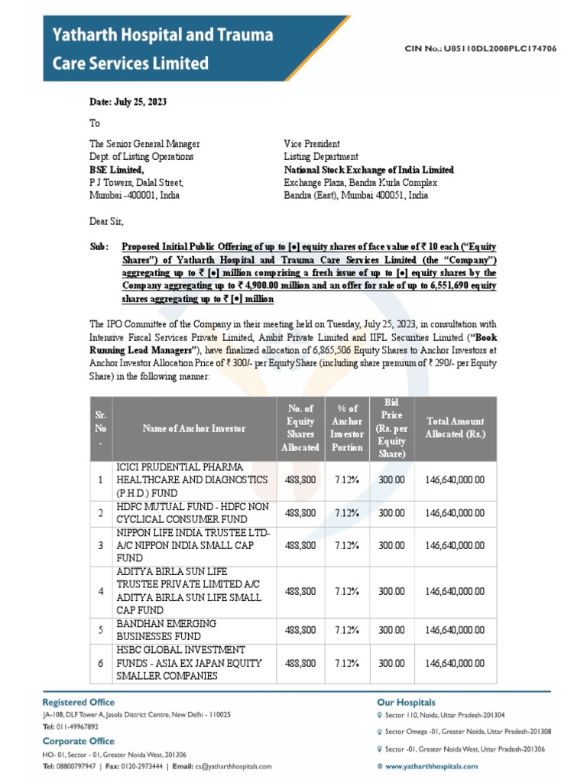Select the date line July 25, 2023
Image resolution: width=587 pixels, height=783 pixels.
(x=128, y=102)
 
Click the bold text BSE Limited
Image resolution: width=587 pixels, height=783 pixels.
(x=117, y=170)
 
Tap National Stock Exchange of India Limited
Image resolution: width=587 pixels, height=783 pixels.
(x=368, y=170)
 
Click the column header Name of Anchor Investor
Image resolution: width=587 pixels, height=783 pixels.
(x=194, y=428)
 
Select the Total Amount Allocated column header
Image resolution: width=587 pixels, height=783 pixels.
(x=455, y=428)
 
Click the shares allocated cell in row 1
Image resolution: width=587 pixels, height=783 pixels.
(x=300, y=479)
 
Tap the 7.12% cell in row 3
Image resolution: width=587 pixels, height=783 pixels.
(x=348, y=545)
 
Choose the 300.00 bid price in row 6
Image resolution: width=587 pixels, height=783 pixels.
(x=392, y=663)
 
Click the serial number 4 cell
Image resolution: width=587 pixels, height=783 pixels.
(x=100, y=591)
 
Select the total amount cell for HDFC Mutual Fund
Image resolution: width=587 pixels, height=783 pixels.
(x=455, y=512)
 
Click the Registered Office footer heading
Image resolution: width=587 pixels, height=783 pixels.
(x=79, y=702)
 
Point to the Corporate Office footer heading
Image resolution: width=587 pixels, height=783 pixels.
(x=79, y=741)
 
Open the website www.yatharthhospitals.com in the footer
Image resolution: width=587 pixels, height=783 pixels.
(x=432, y=765)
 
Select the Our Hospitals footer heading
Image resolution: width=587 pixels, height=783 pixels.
(x=406, y=702)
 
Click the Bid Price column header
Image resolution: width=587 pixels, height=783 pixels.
(x=392, y=428)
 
